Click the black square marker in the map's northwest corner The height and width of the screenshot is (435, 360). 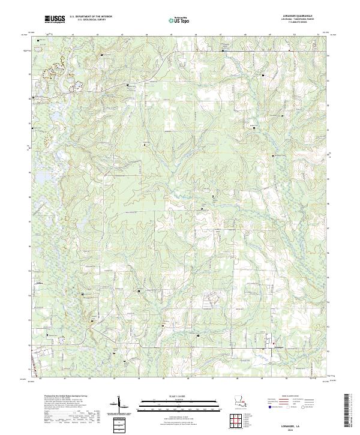pyautogui.click(x=40, y=41)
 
